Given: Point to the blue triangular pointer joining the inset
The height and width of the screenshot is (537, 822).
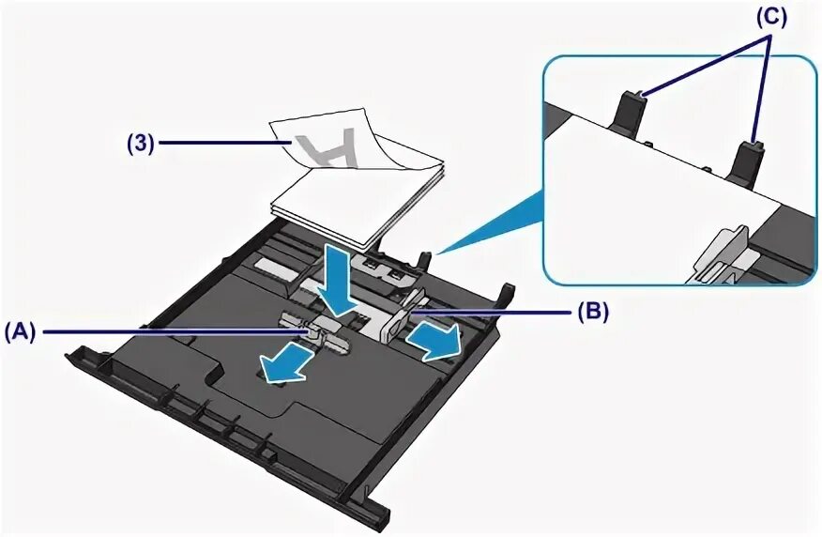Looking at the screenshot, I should pos(494,222).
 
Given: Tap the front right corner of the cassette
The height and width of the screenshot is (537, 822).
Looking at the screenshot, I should pos(372,514).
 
